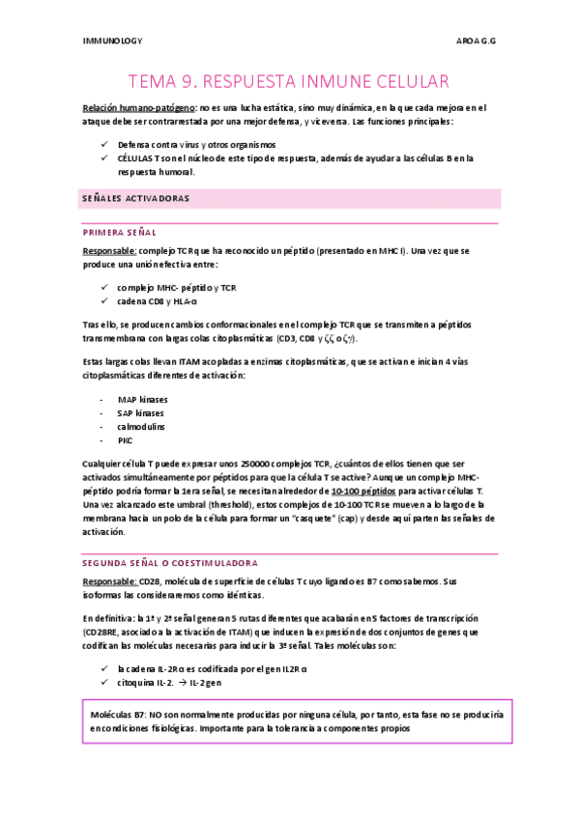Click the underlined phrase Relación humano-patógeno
click(139, 108)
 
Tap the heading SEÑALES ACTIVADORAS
click(134, 198)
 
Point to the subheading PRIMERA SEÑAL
click(120, 233)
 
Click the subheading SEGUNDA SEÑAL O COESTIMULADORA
click(168, 562)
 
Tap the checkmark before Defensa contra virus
click(105, 144)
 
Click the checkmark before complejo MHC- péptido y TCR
click(105, 288)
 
